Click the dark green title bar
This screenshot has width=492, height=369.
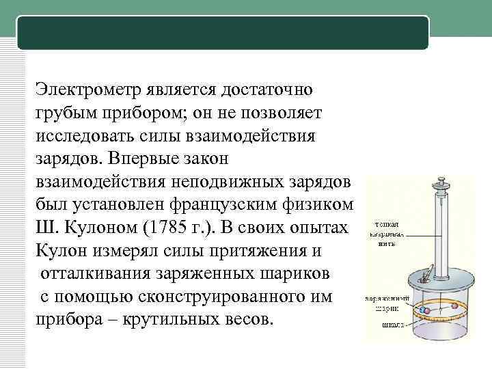coord(223,32)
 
